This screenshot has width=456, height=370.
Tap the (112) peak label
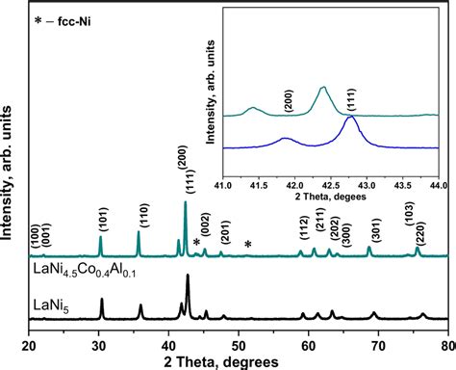(302, 230)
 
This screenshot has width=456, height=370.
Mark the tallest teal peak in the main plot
(186, 202)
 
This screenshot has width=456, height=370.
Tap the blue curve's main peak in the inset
(351, 119)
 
